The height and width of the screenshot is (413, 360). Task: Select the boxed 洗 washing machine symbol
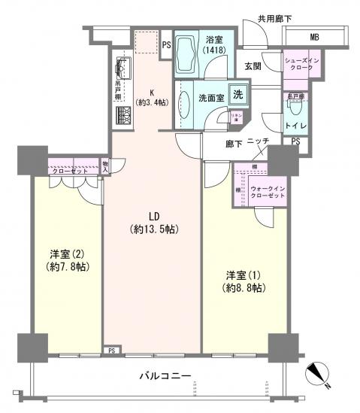pyautogui.click(x=237, y=96)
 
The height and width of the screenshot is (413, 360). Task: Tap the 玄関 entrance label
pyautogui.click(x=253, y=67)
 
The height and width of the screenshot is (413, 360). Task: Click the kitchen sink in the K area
pyautogui.click(x=123, y=72)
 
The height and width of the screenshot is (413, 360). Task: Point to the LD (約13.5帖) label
pyautogui.click(x=153, y=223)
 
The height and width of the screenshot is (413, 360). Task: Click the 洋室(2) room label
pyautogui.click(x=65, y=260)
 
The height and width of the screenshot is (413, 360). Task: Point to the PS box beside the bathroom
pyautogui.click(x=166, y=44)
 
